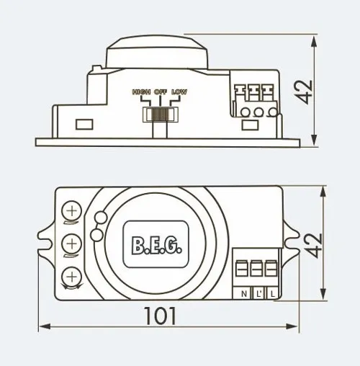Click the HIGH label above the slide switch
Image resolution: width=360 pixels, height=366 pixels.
(x=141, y=91)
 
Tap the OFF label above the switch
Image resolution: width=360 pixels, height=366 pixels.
(x=161, y=91)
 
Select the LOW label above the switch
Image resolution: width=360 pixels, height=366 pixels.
(x=179, y=91)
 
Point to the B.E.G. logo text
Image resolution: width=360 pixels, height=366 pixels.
(x=156, y=246)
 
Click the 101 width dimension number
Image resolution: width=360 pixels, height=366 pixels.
(x=160, y=316)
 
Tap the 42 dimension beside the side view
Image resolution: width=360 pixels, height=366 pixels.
(x=303, y=92)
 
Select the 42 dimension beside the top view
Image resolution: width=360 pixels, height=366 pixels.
(x=313, y=246)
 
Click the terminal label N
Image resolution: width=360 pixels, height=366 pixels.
(x=244, y=294)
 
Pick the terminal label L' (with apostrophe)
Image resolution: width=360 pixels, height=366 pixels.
(x=258, y=294)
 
